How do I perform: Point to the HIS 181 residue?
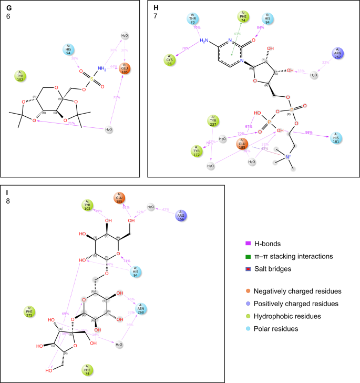336,138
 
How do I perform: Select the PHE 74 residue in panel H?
242,16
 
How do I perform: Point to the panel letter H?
155,7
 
